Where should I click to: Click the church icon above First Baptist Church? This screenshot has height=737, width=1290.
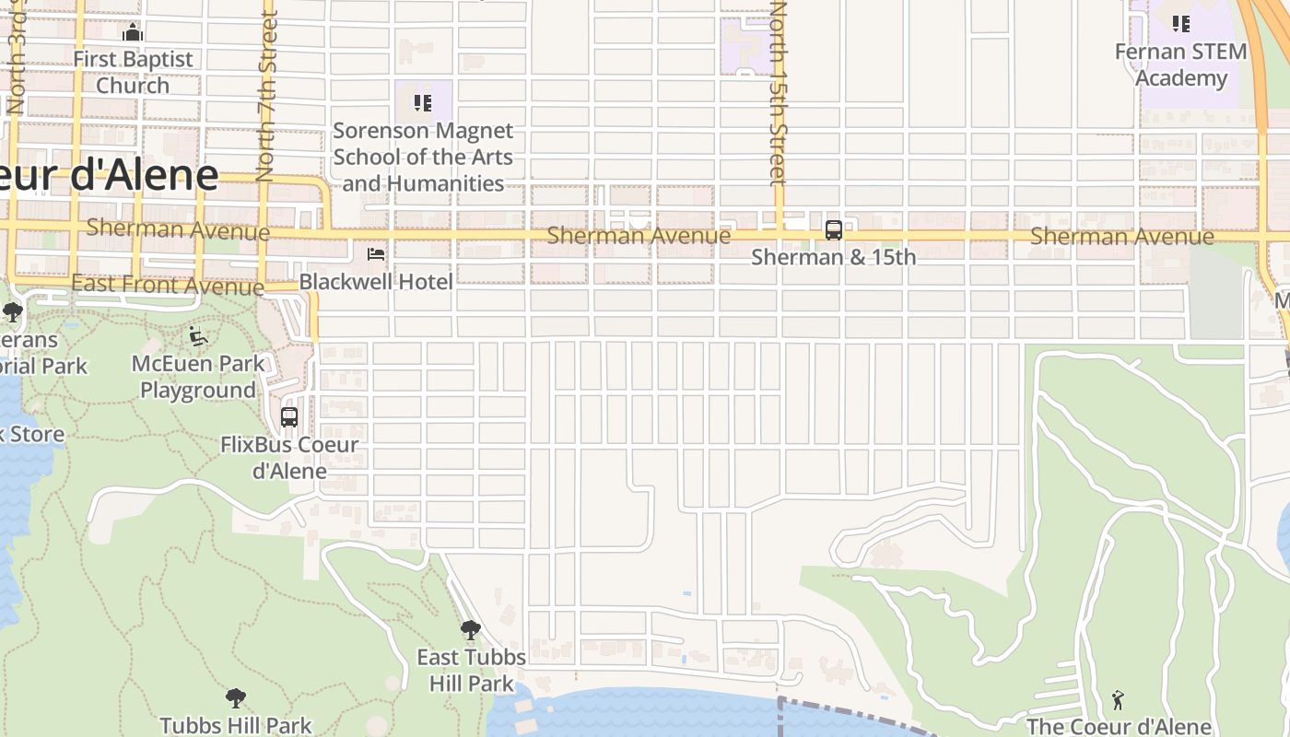pyautogui.click(x=133, y=32)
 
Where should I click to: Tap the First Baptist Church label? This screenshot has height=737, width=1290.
pyautogui.click(x=133, y=72)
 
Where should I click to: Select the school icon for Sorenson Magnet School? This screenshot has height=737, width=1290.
pyautogui.click(x=423, y=102)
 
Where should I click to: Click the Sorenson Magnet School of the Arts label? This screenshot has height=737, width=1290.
pyautogui.click(x=423, y=157)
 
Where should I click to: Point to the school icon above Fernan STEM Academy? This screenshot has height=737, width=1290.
pyautogui.click(x=1180, y=24)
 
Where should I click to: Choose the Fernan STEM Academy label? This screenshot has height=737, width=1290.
pyautogui.click(x=1180, y=64)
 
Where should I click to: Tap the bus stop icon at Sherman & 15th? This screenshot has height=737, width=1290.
pyautogui.click(x=834, y=230)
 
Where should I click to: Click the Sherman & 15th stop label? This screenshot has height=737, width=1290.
pyautogui.click(x=834, y=257)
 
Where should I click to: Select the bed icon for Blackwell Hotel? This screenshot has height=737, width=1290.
pyautogui.click(x=376, y=254)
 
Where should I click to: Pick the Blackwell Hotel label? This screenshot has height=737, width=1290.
pyautogui.click(x=376, y=281)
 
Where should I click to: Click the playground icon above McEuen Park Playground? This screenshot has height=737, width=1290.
pyautogui.click(x=198, y=337)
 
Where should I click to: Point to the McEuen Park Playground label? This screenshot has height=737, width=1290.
pyautogui.click(x=198, y=377)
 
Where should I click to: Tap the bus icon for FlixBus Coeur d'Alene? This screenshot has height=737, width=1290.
pyautogui.click(x=289, y=417)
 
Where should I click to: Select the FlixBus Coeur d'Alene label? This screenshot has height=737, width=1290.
pyautogui.click(x=289, y=458)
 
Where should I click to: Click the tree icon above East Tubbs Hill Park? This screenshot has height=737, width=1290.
pyautogui.click(x=471, y=630)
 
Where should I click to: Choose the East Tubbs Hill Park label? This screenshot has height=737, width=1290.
pyautogui.click(x=471, y=670)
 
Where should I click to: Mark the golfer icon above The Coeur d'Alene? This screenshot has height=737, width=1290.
pyautogui.click(x=1119, y=700)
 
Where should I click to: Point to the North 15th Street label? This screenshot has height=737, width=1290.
pyautogui.click(x=780, y=92)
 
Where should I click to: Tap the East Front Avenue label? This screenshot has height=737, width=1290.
pyautogui.click(x=167, y=285)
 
